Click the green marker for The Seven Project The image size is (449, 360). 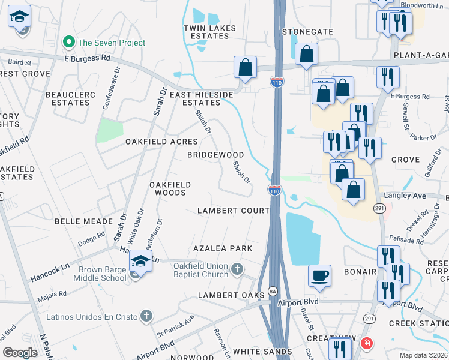[x=69, y=43]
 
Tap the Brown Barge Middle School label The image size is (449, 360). [x=101, y=274]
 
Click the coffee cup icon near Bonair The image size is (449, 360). [x=319, y=275]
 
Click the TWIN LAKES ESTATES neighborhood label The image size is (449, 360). [x=206, y=32]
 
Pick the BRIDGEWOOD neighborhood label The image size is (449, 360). [x=215, y=155]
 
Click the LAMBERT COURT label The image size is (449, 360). [x=234, y=211]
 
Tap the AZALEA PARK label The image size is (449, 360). [x=222, y=248]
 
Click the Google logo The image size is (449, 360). [x=20, y=353]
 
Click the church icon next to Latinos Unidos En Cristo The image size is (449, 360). [x=145, y=316]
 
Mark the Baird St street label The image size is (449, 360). [x=19, y=61]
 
